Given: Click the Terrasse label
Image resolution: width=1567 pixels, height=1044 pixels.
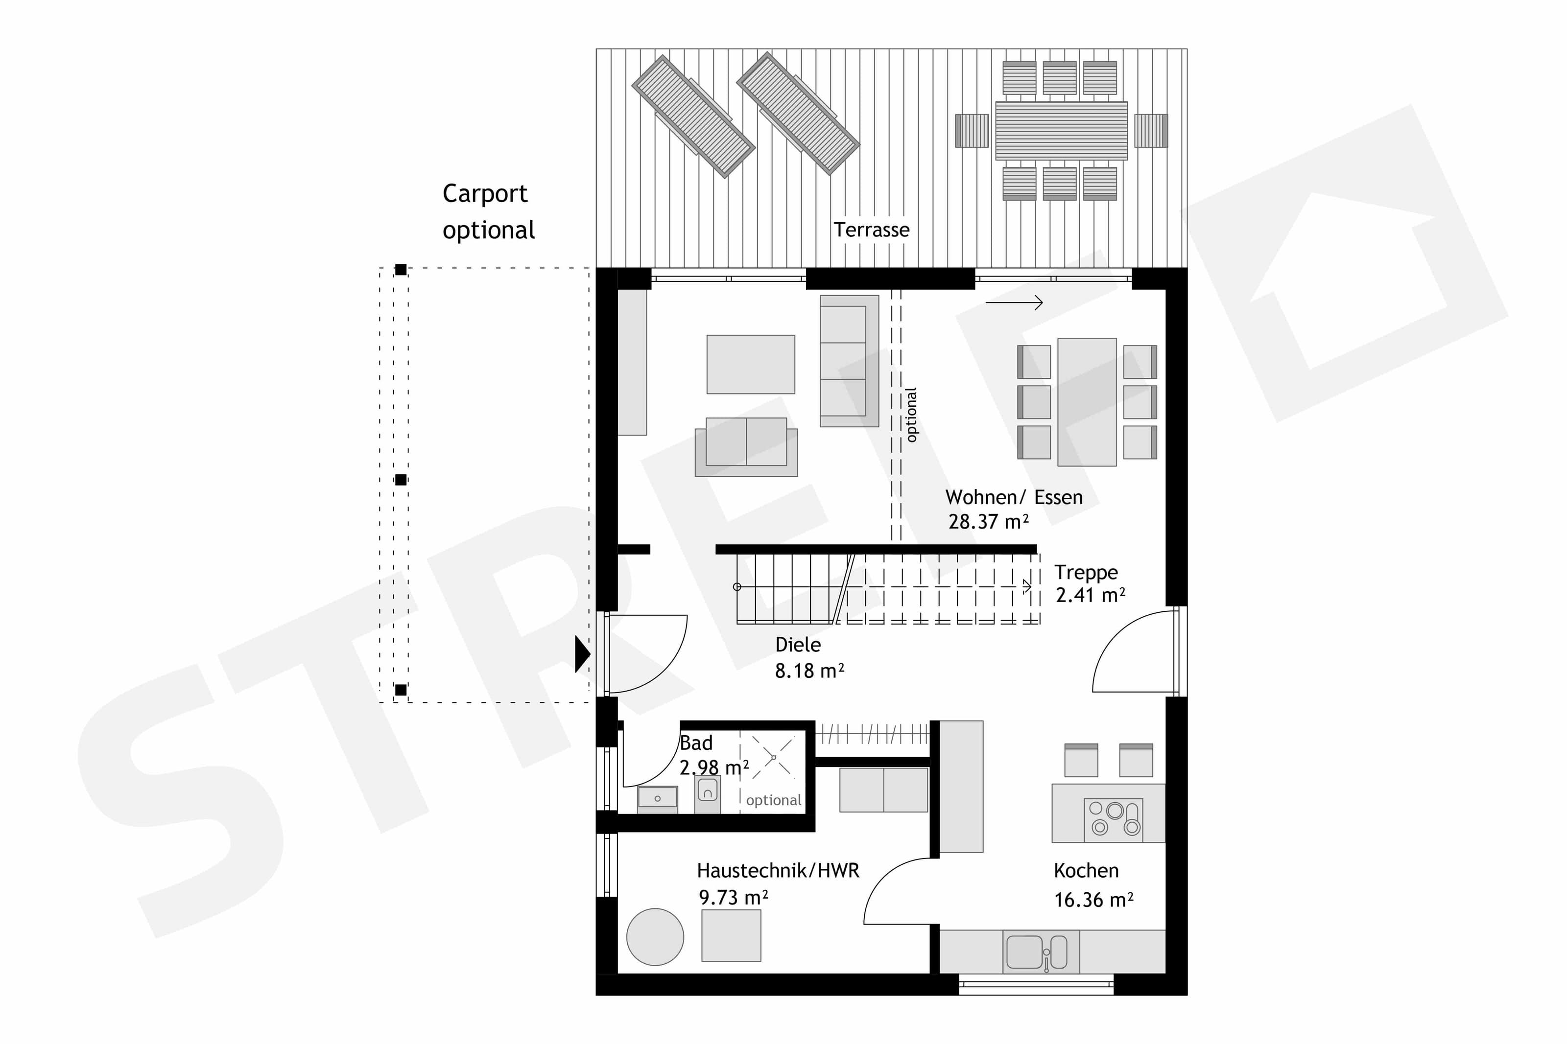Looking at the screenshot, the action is (x=871, y=230).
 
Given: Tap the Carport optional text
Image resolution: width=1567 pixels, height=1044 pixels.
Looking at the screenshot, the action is (x=488, y=212).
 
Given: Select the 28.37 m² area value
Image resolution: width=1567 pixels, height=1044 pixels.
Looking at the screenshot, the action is (x=988, y=521).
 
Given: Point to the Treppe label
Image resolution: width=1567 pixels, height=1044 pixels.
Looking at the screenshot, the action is (x=1086, y=572).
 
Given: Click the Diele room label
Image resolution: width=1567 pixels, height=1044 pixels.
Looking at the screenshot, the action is (x=798, y=645).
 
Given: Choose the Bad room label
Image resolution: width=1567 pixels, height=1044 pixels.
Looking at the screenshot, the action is (x=696, y=743).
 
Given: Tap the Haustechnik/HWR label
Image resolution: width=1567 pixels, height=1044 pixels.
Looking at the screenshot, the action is (x=778, y=870).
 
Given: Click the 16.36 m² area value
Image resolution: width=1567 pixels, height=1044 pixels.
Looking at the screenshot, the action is (x=1093, y=900).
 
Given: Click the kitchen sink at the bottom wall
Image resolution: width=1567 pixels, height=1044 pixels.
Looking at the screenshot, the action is (x=1037, y=951).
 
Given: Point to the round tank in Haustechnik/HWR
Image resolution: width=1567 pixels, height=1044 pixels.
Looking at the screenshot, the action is (x=655, y=937).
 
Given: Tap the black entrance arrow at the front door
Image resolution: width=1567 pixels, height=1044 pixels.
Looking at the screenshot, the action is (x=582, y=654).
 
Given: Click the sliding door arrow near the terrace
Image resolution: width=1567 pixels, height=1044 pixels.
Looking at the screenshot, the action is (x=1014, y=303).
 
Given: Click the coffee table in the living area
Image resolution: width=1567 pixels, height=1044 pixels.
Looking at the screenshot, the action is (x=751, y=364).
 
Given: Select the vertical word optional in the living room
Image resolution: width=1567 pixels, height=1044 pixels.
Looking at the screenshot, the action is (x=912, y=415).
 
